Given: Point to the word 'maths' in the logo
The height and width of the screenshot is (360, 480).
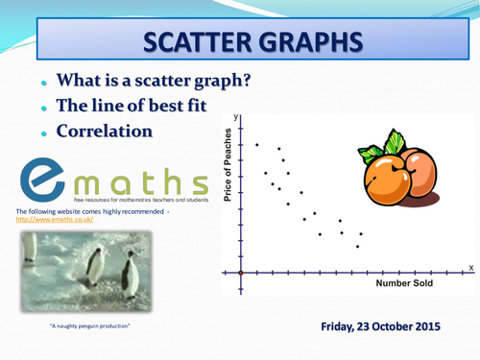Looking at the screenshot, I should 144,180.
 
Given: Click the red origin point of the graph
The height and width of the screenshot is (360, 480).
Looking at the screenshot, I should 240,273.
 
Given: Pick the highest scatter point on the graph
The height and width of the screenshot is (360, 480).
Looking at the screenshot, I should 256,144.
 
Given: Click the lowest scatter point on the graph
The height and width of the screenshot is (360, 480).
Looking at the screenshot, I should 356,246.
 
